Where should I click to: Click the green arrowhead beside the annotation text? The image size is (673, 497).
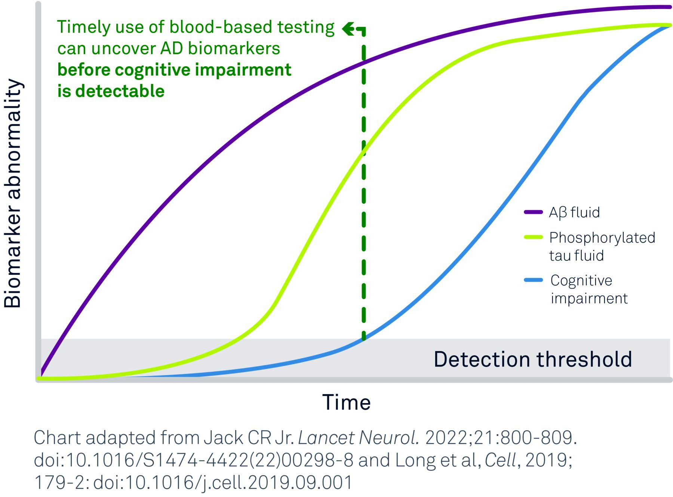348,28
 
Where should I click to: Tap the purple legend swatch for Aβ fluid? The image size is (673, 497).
533,212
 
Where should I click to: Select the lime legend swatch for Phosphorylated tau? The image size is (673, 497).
533,237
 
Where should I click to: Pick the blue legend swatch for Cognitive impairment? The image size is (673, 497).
533,280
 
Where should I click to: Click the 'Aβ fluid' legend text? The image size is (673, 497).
574,212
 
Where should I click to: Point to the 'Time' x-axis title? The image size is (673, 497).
347,402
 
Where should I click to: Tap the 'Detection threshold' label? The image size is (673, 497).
533,359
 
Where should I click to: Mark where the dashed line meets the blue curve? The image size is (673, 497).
363,339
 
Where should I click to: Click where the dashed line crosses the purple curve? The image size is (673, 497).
363,62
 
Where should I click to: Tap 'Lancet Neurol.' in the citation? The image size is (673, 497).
359,438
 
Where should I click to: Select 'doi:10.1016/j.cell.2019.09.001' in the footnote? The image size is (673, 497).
223,482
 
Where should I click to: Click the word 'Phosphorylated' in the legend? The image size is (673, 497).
602,238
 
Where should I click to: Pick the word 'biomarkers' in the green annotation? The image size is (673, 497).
234,49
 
